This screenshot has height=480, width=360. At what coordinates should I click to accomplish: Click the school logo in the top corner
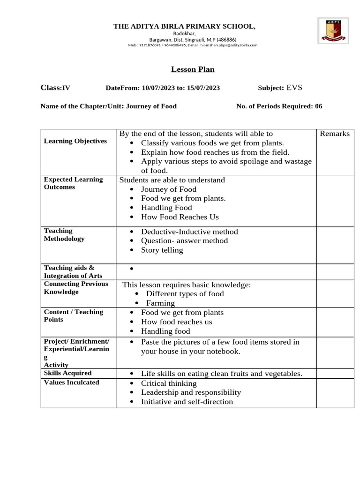pos(333,30)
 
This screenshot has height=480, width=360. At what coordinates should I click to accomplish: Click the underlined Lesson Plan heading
pos(193,69)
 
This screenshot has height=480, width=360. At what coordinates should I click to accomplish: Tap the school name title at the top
pos(184,26)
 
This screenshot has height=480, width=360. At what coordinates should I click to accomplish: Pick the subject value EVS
pos(294,87)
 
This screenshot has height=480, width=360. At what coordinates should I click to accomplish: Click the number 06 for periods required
pos(318,106)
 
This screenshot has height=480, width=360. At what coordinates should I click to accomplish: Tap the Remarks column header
pos(335,134)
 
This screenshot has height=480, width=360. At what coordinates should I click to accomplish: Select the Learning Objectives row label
pos(75,141)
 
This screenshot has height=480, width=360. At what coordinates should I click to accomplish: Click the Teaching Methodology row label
pos(64,235)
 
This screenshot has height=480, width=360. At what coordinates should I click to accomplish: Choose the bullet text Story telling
pos(162,250)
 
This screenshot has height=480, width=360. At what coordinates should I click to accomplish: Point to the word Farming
pos(160,303)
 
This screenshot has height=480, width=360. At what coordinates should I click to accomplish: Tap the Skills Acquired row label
pos(67,373)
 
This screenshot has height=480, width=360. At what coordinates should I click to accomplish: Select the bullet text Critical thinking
pos(169,383)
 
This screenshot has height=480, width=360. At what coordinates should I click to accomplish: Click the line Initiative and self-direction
pos(187,401)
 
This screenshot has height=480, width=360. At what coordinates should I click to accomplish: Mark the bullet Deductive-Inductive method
pos(189,232)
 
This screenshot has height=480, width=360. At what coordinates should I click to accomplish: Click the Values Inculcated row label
pos(71,382)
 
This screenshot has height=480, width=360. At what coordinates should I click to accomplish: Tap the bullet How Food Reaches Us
pos(180,217)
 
